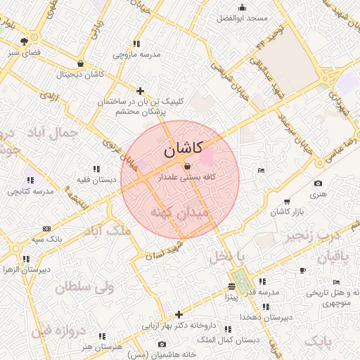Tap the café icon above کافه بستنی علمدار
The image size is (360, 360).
tap(186, 167)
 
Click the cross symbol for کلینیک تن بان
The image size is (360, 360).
tap(141, 91)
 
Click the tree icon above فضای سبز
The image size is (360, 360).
tap(25, 41)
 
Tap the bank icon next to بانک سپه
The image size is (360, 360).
tap(46, 229)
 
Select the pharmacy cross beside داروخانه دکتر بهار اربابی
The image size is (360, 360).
tap(179, 314)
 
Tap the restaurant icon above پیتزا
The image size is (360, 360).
tap(231, 287)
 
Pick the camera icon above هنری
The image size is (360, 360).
tap(318, 184)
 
